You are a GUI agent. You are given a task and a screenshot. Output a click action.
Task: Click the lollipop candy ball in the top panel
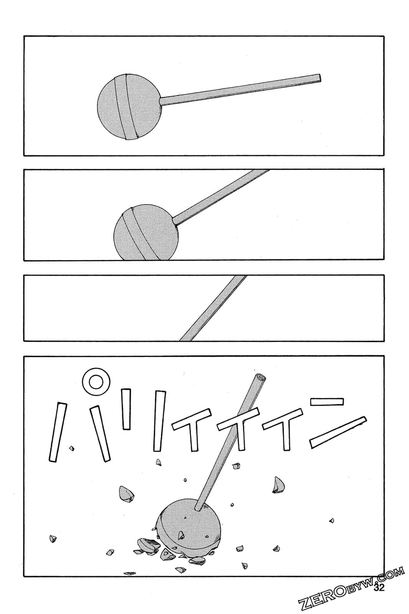[129, 107]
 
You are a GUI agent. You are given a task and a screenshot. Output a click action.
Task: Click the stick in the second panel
[221, 196]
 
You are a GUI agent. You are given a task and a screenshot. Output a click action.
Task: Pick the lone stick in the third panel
[213, 308]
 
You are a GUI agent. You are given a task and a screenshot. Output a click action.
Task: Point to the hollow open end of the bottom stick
[261, 378]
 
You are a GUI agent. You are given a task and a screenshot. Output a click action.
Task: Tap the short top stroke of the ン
[327, 401]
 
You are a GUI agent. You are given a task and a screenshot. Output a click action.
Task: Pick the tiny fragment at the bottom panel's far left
[53, 539]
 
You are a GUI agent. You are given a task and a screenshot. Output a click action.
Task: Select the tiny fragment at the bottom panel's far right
[331, 521]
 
